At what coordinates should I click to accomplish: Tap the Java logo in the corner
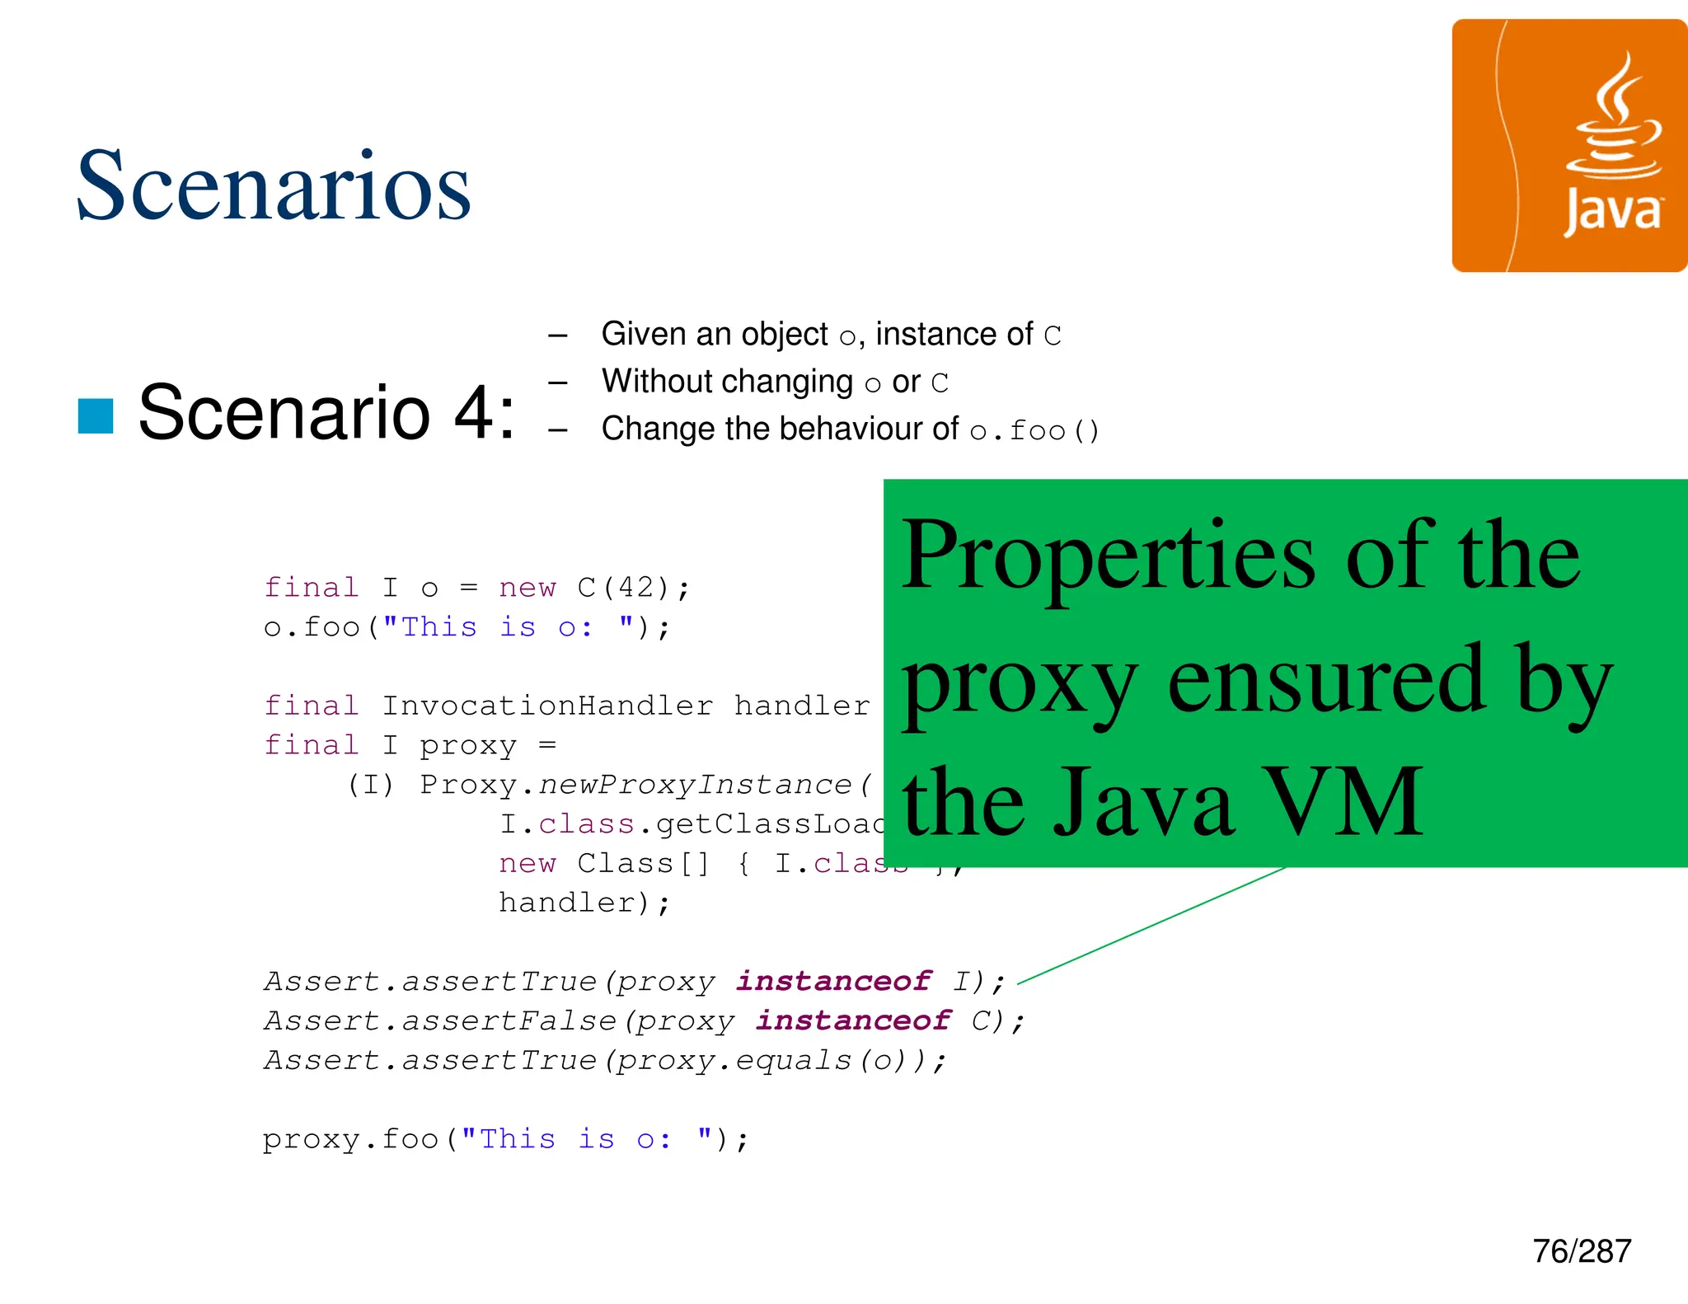[1569, 146]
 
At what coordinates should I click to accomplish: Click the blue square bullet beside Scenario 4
[96, 415]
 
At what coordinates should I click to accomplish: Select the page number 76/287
[1581, 1251]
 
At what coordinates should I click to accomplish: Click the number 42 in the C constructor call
[636, 588]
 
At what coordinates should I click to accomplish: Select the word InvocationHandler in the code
[547, 706]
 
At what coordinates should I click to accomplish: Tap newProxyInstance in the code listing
[695, 784]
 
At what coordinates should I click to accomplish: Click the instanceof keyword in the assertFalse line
[853, 1020]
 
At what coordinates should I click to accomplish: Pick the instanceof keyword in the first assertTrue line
[833, 981]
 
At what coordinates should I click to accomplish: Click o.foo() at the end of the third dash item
[1034, 430]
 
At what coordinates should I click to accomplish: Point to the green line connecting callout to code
[1154, 925]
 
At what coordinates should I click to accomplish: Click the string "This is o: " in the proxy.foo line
[586, 1139]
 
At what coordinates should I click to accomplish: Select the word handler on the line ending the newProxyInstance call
[567, 903]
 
